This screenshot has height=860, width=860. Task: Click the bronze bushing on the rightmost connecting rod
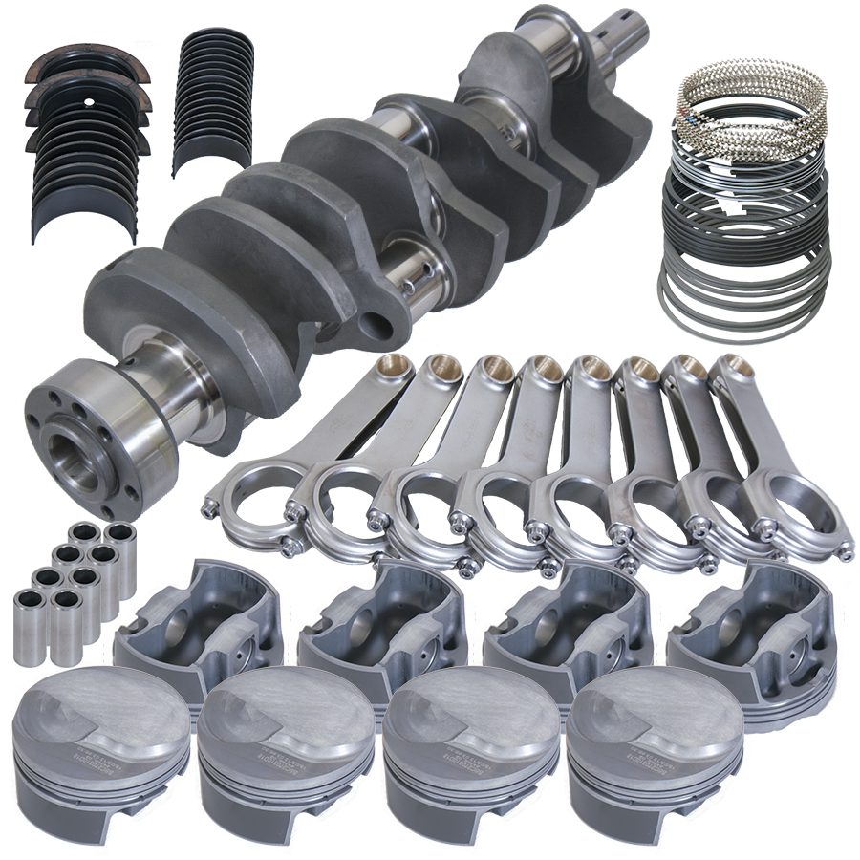click(733, 369)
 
